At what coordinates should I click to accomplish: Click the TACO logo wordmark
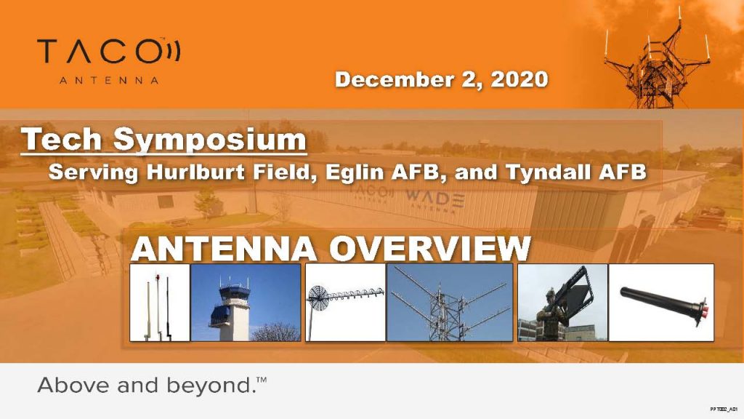[x=109, y=52]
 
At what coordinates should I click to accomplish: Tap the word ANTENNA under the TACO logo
[x=109, y=80]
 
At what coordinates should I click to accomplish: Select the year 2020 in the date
[x=519, y=79]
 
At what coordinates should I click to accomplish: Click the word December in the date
[x=393, y=79]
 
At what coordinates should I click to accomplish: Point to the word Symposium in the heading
[x=210, y=140]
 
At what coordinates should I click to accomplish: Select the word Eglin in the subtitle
[x=355, y=172]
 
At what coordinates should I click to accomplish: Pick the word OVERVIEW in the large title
[x=429, y=249]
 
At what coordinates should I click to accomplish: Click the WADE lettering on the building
[x=435, y=196]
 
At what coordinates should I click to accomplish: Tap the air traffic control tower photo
[x=246, y=303]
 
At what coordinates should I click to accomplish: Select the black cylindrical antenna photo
[x=661, y=303]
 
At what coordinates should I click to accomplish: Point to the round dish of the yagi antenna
[x=318, y=298]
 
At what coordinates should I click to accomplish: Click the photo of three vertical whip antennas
[x=160, y=303]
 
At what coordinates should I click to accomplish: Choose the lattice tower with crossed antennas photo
[x=450, y=303]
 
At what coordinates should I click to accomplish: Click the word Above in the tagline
[x=74, y=386]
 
